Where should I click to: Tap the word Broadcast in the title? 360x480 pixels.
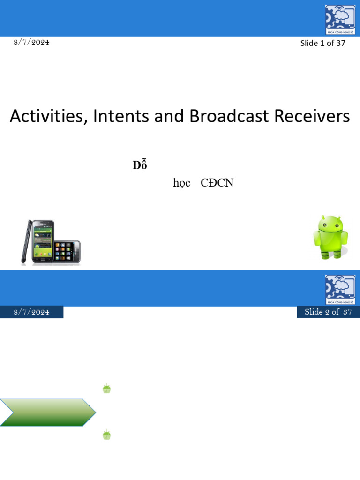point(230,116)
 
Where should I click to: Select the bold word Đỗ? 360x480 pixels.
point(140,165)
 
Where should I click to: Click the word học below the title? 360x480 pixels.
point(181,183)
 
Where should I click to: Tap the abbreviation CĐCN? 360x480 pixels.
point(217,183)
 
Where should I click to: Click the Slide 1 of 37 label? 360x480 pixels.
point(322,43)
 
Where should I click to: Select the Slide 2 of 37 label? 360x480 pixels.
point(328,312)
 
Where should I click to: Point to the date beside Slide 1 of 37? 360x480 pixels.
point(31,42)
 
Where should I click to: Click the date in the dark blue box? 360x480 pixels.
point(31,312)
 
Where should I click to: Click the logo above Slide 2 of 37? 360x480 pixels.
point(340,290)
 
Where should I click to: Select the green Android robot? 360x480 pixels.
point(330,237)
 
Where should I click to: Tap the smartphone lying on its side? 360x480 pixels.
point(67,252)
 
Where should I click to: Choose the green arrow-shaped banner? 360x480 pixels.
point(47,412)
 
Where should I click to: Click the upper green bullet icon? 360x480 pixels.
point(106,389)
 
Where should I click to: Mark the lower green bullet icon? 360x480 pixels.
point(106,435)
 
